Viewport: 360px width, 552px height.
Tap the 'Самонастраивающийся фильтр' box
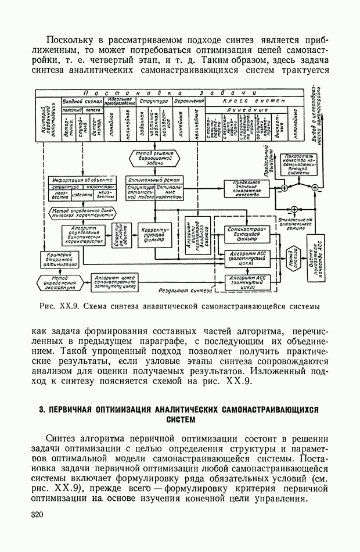(247, 234)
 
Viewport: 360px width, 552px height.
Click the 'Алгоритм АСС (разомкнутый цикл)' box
(247, 257)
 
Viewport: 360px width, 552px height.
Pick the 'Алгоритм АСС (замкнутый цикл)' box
(247, 282)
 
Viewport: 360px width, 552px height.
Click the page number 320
(37, 515)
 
